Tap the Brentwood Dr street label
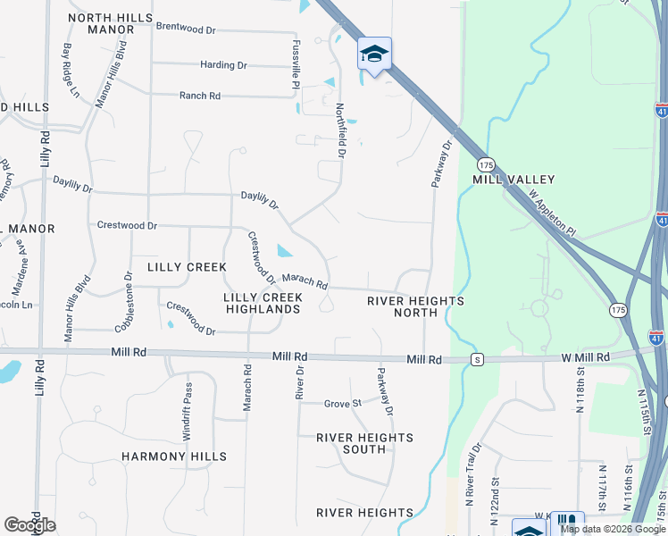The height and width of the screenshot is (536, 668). click(187, 28)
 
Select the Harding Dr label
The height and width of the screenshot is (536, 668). click(223, 65)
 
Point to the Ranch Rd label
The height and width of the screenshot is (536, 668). click(200, 96)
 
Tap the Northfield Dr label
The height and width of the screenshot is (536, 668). click(340, 130)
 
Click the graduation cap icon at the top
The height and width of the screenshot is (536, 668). click(375, 54)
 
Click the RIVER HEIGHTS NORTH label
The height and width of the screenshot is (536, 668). click(416, 306)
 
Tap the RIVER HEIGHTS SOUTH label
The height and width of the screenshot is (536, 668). click(365, 443)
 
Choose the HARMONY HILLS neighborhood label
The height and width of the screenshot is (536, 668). click(174, 456)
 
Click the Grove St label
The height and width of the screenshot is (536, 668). click(342, 404)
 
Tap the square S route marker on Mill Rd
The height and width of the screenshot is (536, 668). click(478, 359)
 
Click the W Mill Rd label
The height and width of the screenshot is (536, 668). click(585, 357)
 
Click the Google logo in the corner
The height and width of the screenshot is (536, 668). click(29, 525)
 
